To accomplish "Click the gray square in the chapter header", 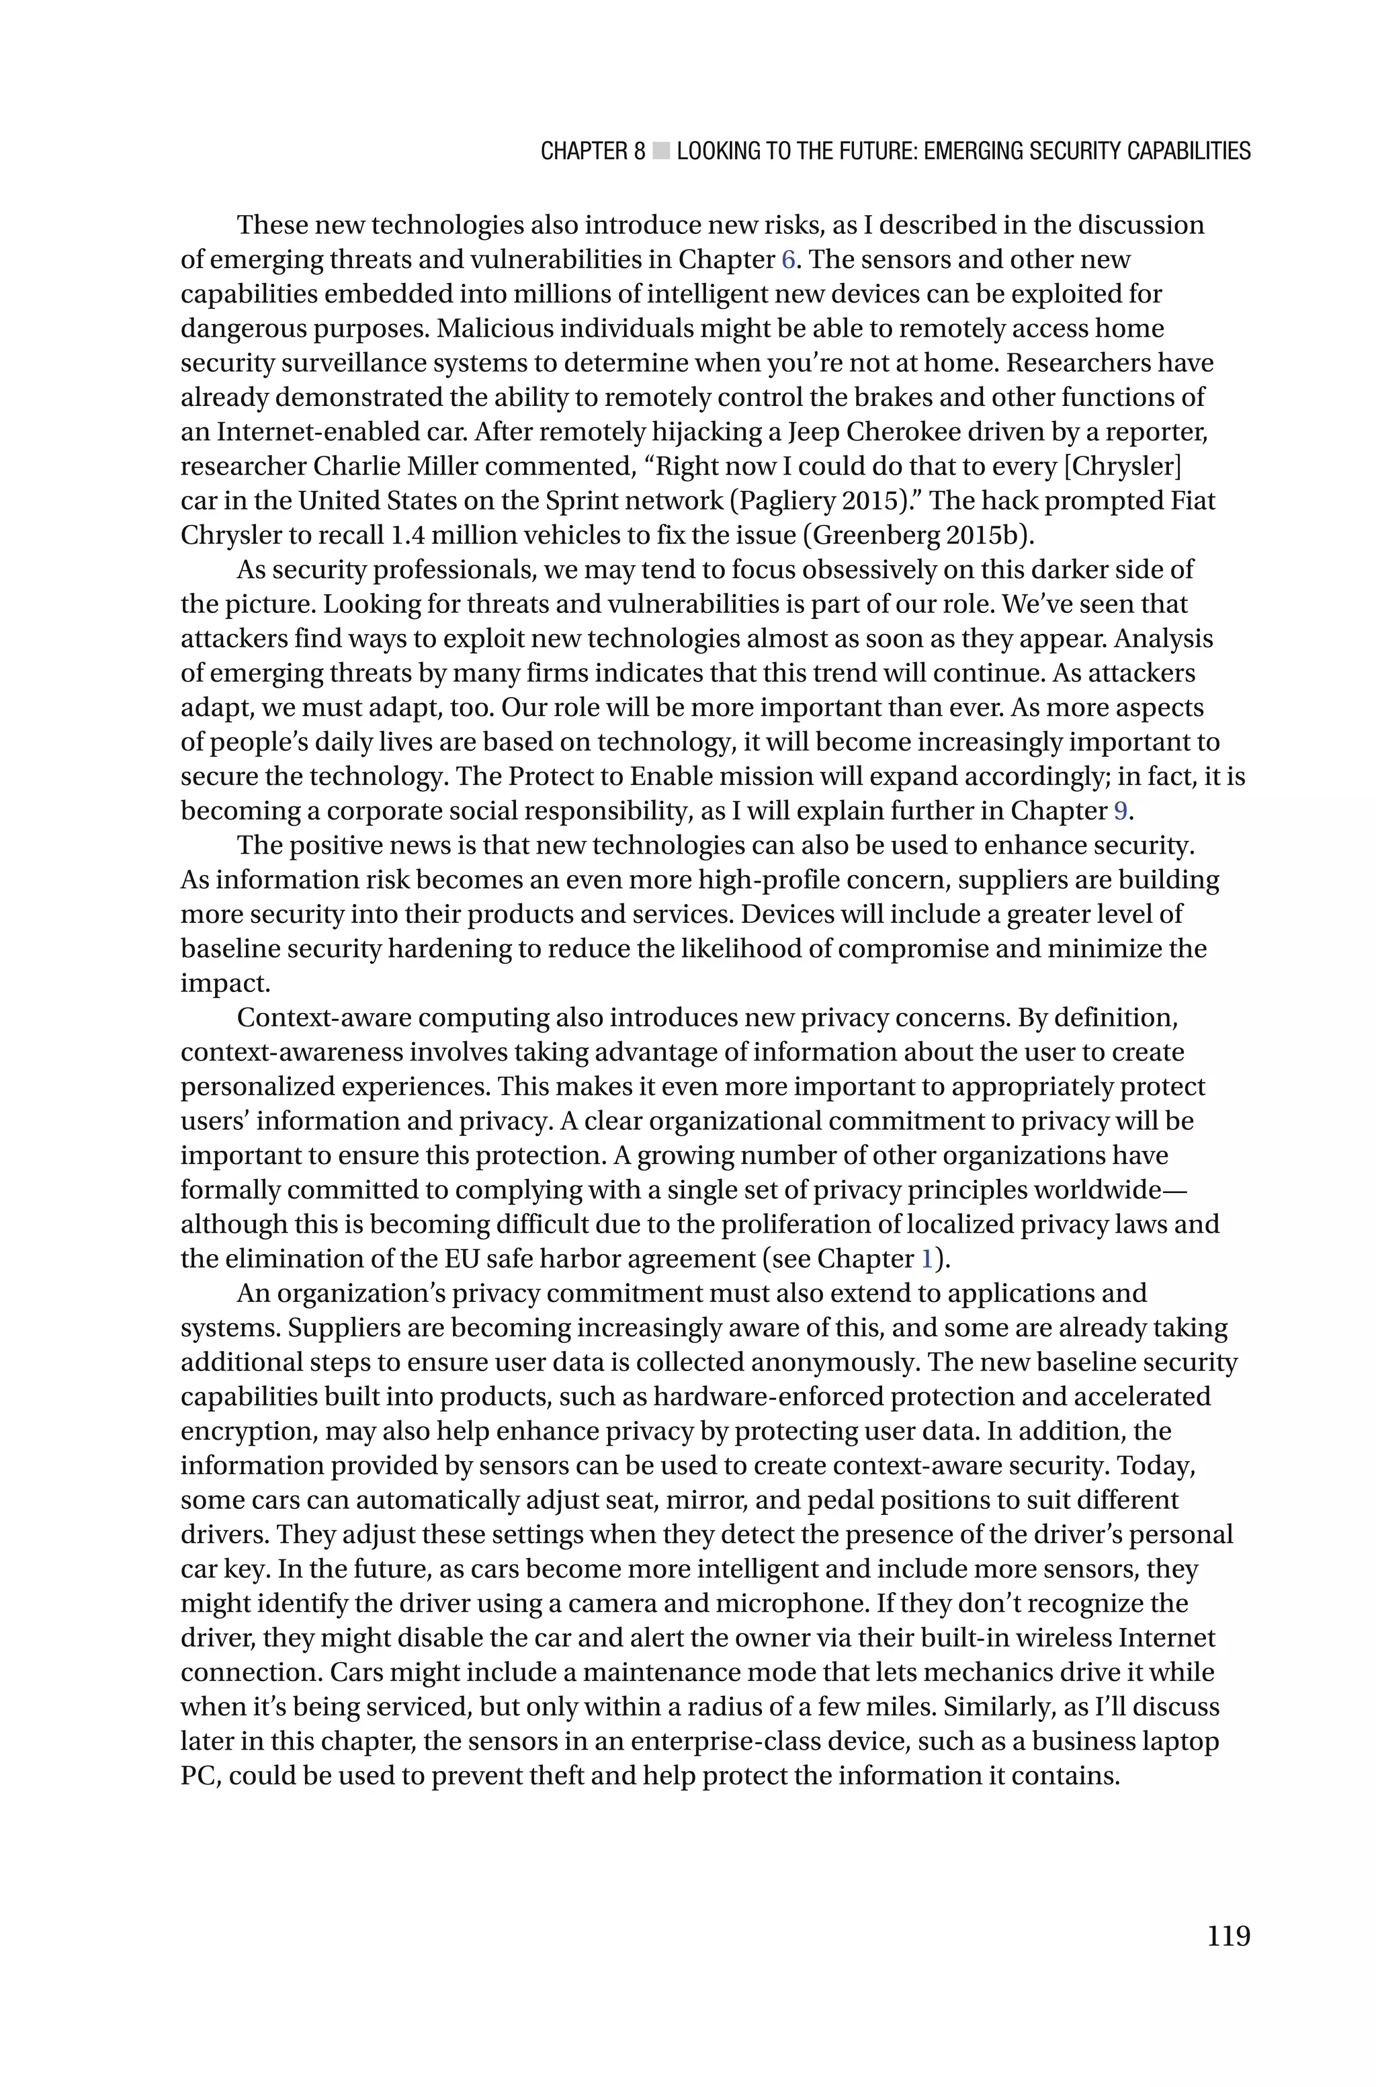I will pos(661,152).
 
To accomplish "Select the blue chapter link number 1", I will pos(927,1260).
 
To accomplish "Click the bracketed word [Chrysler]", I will pos(1123,466).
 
